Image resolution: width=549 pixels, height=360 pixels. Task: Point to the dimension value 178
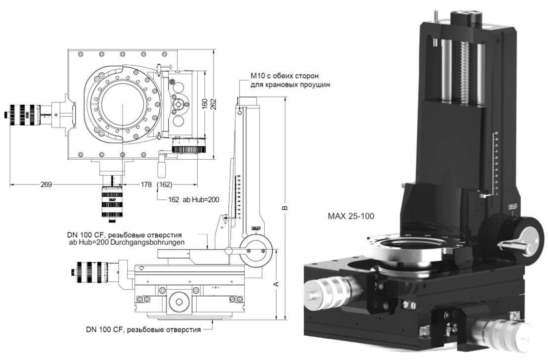[x=145, y=184]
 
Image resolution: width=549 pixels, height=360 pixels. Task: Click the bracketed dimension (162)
[x=165, y=184]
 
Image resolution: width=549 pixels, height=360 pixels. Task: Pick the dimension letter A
[x=276, y=283]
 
